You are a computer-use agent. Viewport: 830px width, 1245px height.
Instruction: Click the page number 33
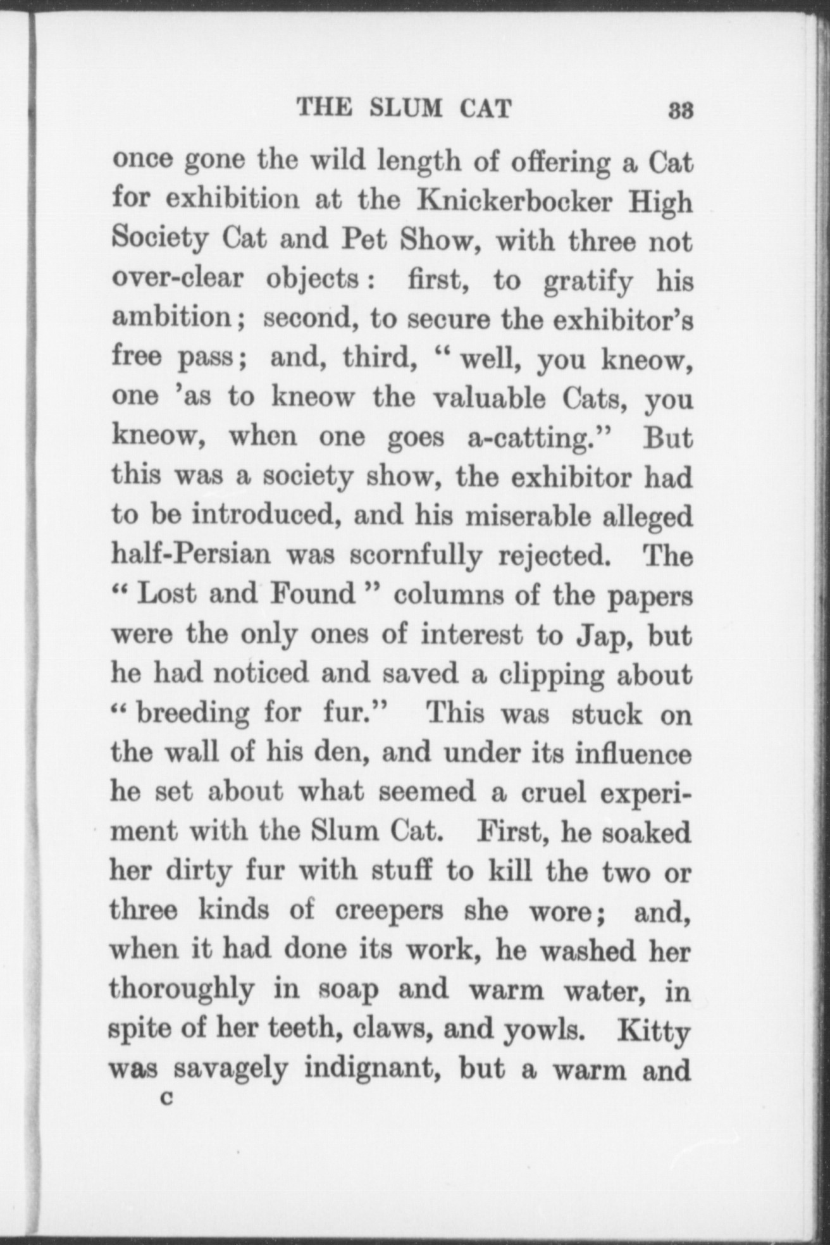pos(681,111)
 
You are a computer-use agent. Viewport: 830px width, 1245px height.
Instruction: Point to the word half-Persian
pos(190,555)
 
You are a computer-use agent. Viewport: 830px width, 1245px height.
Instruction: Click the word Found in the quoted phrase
pos(313,595)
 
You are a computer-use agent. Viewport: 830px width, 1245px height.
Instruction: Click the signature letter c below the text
pos(167,1098)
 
